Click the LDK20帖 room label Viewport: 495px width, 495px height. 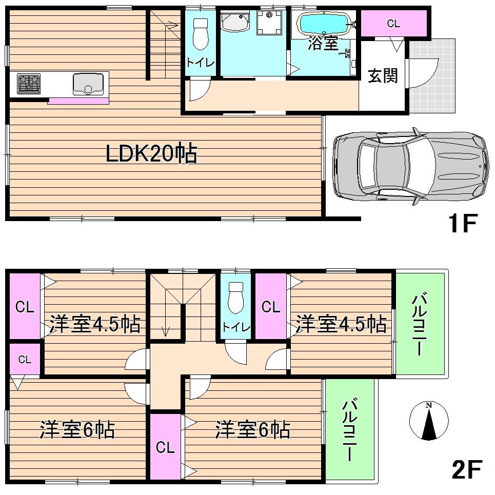(151, 153)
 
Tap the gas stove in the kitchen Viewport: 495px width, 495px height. (29, 84)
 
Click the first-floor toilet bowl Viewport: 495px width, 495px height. (200, 33)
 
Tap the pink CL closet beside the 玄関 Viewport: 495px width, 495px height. (393, 24)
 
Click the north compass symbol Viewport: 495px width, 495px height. (429, 421)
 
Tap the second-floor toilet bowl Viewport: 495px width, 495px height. (235, 298)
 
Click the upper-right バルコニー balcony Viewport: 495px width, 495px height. (420, 324)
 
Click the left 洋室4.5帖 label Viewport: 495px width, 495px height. (95, 324)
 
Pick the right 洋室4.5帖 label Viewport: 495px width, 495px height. (341, 324)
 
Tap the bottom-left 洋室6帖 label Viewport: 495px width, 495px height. (77, 429)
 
